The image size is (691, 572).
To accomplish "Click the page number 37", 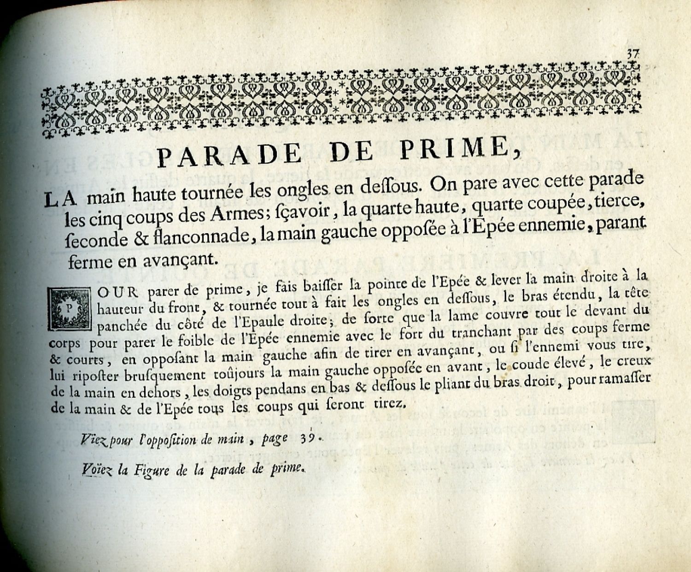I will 632,53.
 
